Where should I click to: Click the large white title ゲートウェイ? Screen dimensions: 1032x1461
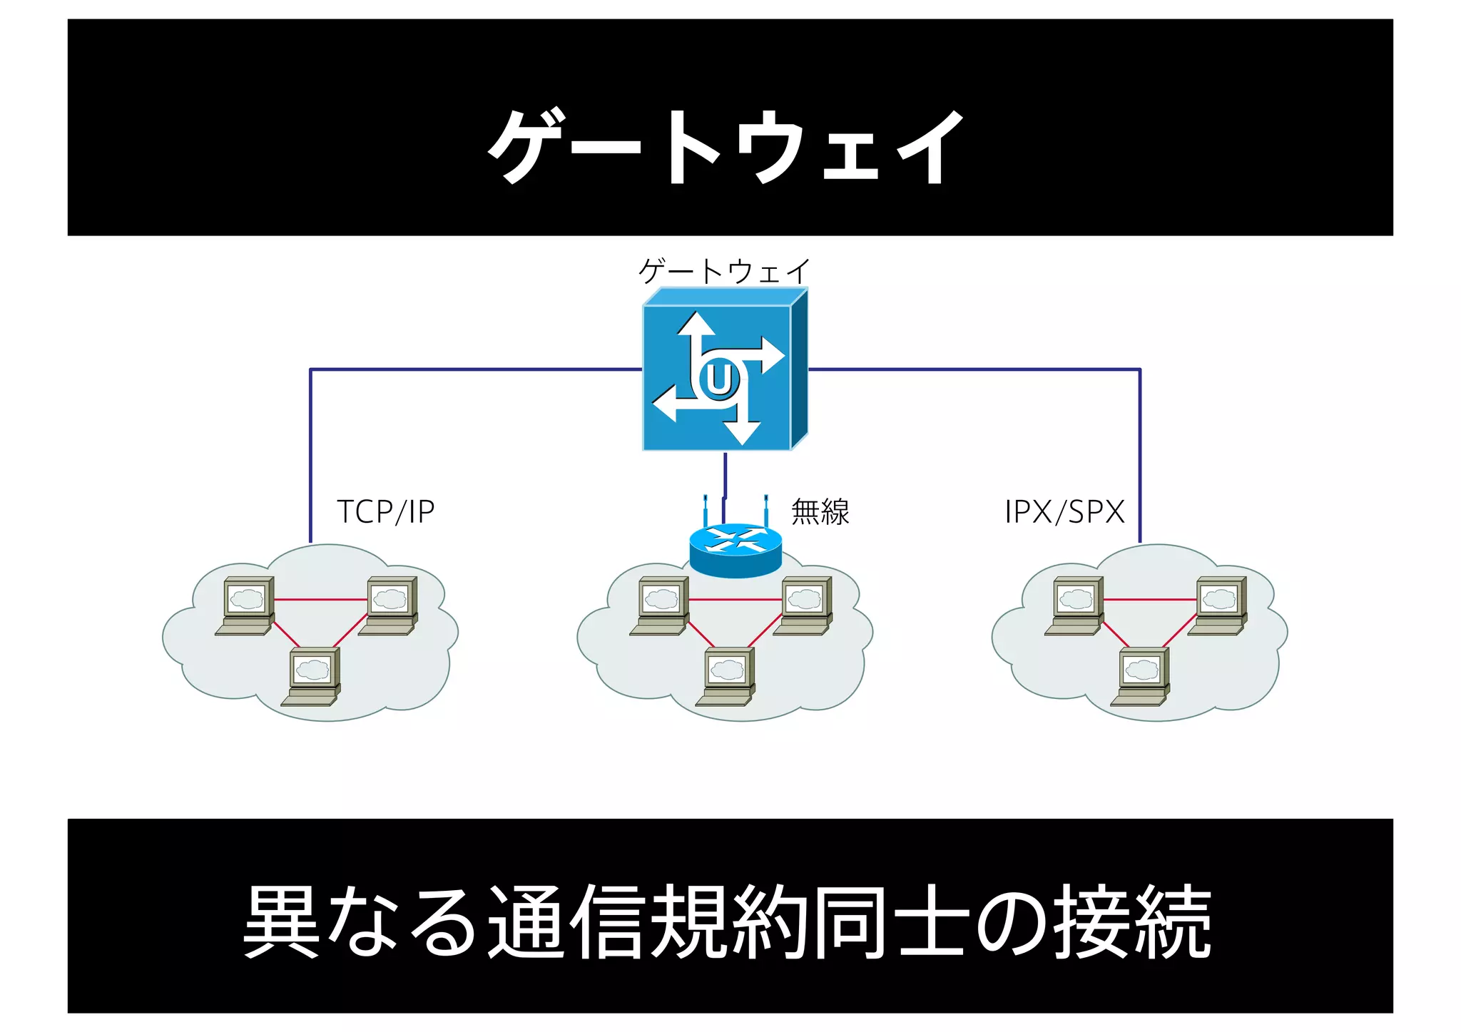pos(726,146)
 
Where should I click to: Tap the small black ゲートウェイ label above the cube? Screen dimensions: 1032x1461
pos(723,271)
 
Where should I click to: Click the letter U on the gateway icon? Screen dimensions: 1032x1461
pos(718,379)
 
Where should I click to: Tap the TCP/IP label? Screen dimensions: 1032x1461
pos(385,512)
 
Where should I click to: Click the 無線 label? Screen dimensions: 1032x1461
pos(820,512)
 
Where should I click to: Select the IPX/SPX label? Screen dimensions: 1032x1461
pos(1064,512)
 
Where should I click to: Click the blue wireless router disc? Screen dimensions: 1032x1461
pos(735,550)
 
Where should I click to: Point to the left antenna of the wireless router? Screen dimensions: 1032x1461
pos(705,510)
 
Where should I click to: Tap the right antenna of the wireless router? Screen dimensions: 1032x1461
pos(765,510)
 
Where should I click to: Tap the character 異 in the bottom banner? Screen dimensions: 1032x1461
pos(281,921)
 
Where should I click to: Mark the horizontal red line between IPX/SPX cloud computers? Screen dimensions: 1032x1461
pos(1149,600)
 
